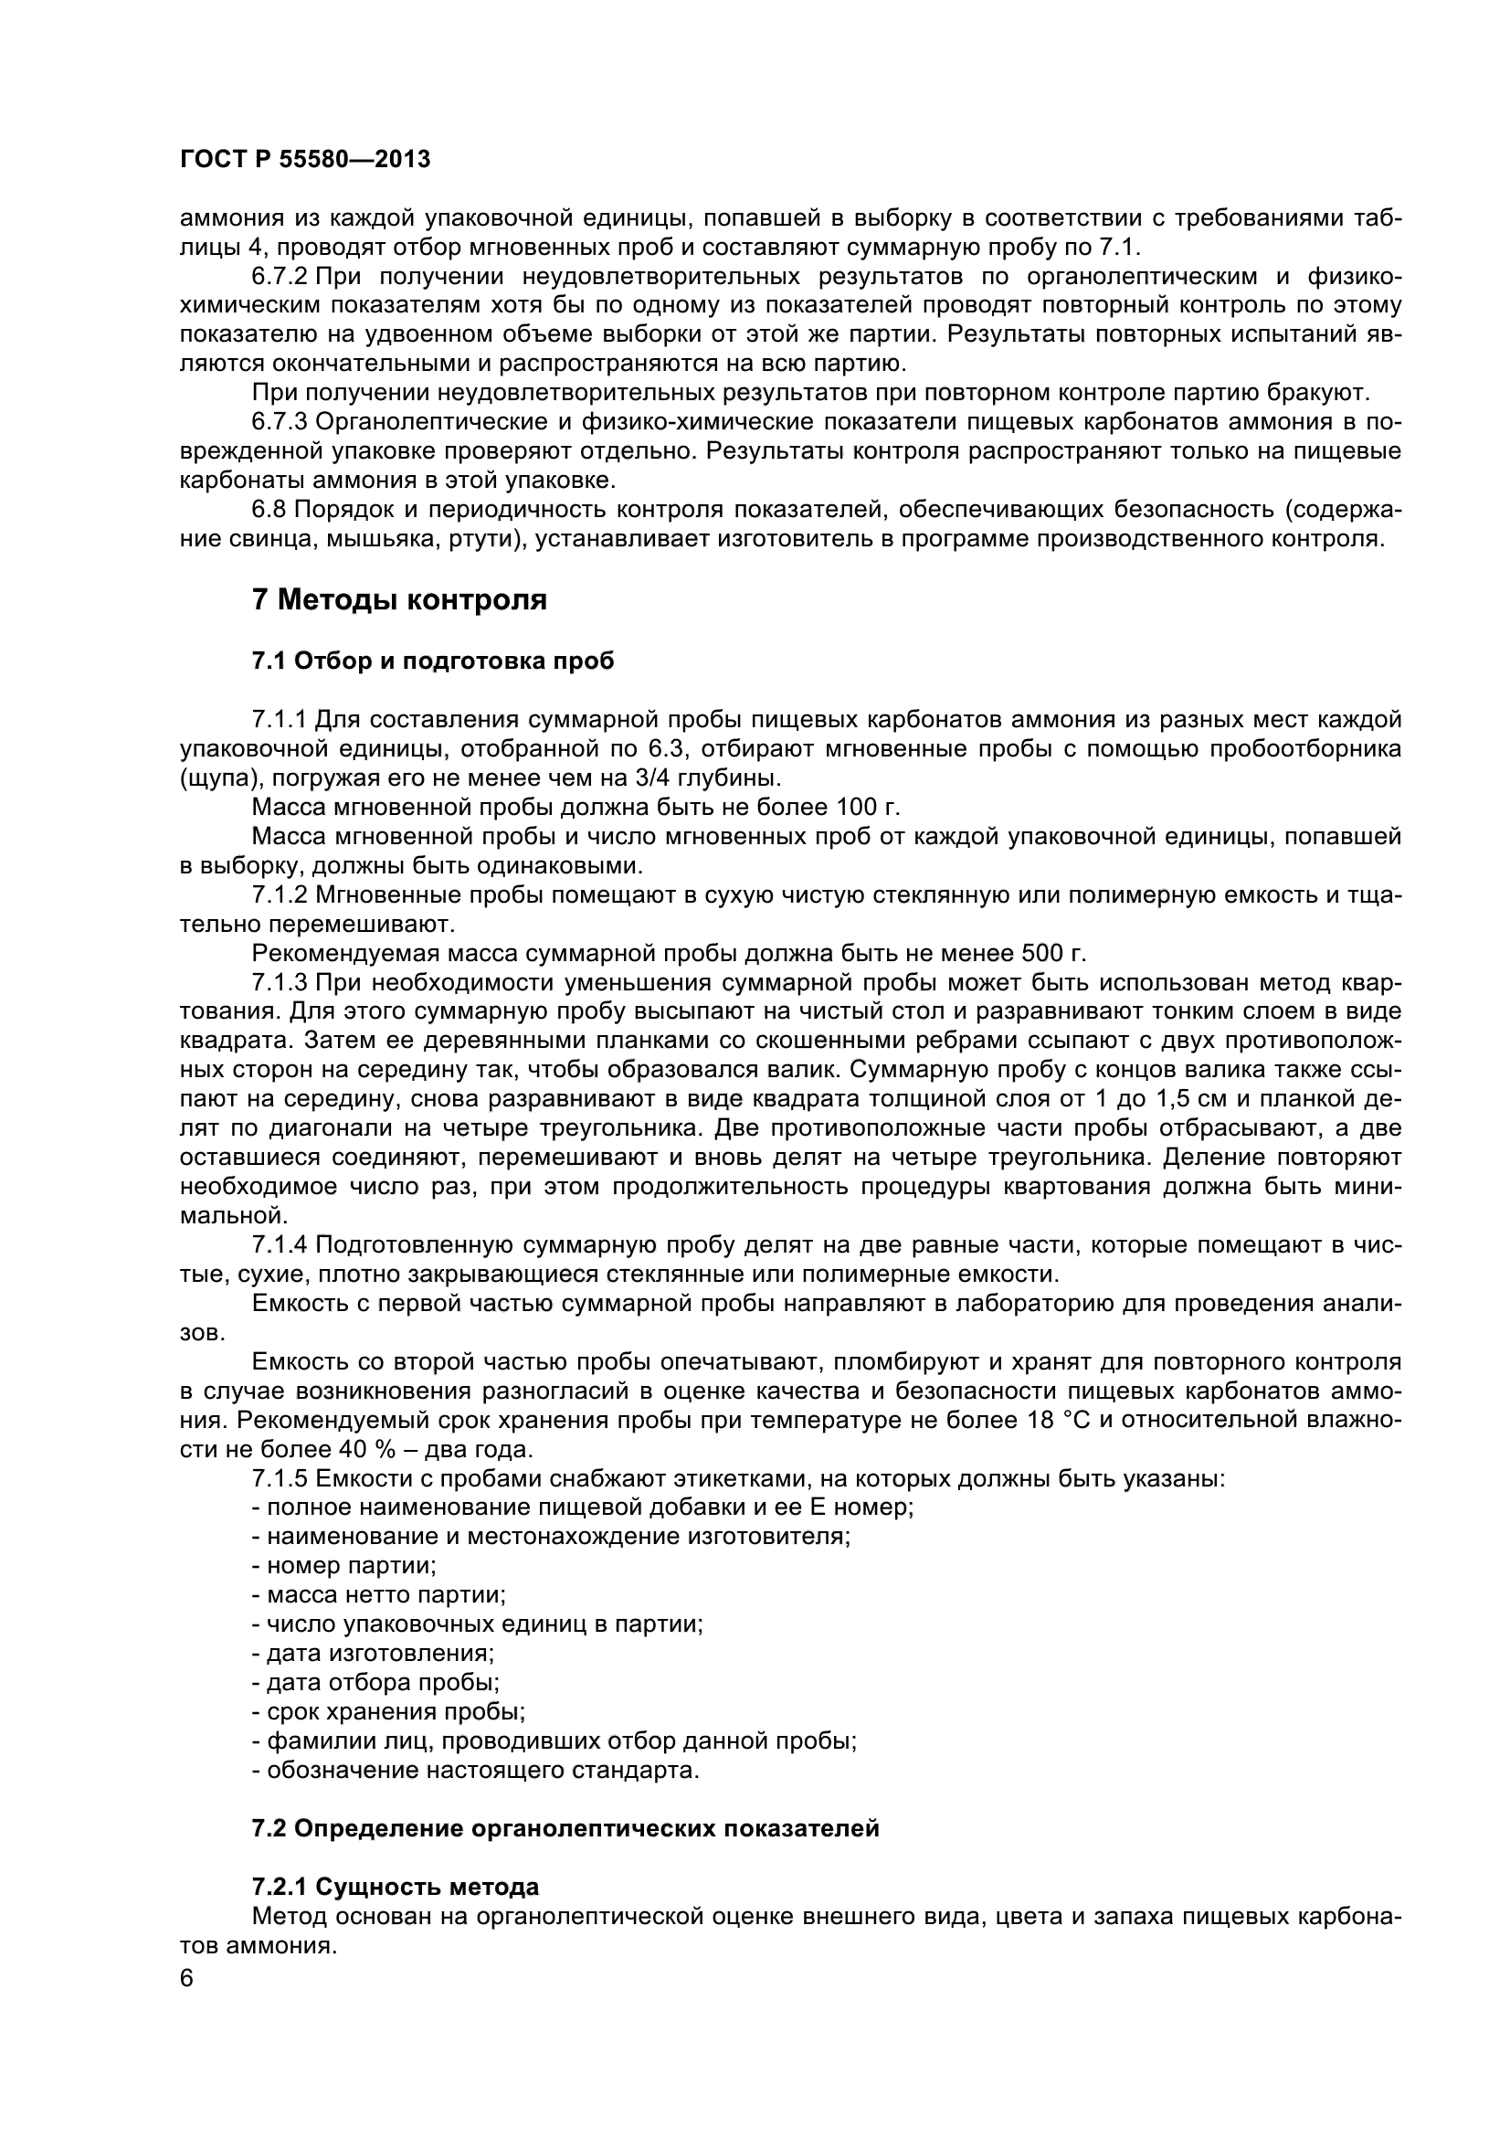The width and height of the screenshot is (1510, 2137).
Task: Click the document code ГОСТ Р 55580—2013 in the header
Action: pos(304,160)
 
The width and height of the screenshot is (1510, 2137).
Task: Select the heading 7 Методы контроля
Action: pos(399,600)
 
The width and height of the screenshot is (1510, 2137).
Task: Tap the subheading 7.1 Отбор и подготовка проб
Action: pos(433,661)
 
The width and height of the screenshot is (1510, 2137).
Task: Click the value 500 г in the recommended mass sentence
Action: pos(1052,954)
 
